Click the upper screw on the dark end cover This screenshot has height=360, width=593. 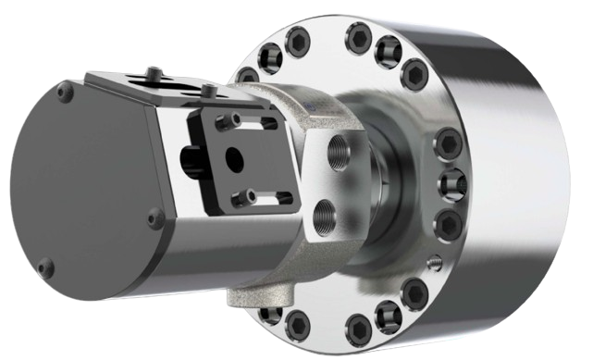coord(62,92)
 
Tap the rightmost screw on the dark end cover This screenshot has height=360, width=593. coord(156,218)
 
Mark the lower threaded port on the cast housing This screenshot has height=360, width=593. coord(325,218)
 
